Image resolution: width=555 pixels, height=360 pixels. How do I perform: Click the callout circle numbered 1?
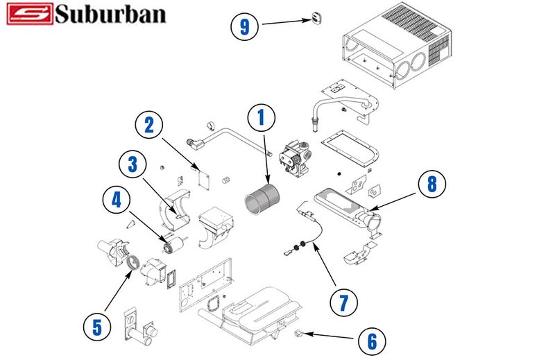click(262, 119)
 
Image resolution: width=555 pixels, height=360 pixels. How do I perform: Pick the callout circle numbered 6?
click(373, 341)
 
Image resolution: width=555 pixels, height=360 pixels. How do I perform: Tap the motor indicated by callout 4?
click(172, 242)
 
